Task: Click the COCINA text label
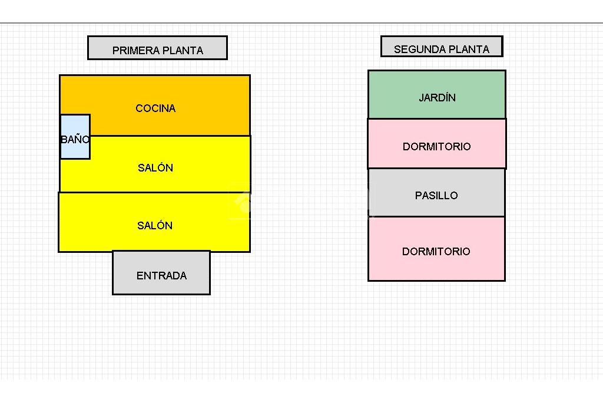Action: click(155, 108)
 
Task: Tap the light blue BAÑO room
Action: click(75, 137)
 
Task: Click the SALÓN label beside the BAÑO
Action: click(155, 168)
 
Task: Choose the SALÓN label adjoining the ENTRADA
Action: click(155, 226)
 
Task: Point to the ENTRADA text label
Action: click(161, 276)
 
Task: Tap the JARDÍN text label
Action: click(437, 98)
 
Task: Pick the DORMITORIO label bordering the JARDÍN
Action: click(437, 147)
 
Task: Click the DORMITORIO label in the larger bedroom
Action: click(436, 252)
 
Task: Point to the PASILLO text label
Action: click(436, 196)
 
